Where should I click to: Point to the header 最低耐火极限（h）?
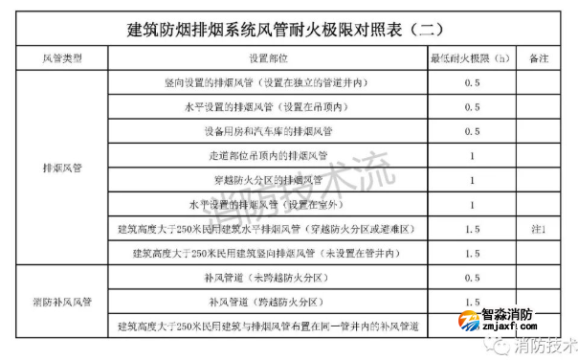[x=472, y=59]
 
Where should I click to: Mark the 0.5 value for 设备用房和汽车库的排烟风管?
[x=472, y=131]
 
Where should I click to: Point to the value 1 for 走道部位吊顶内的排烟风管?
[x=472, y=155]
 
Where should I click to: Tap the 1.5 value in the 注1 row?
[x=472, y=229]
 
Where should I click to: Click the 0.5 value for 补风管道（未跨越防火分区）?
[x=472, y=278]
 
